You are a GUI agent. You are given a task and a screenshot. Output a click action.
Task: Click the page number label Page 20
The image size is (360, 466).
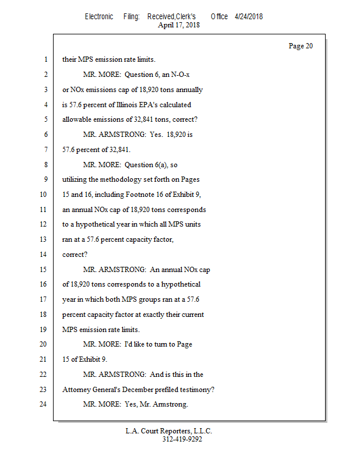click(x=301, y=46)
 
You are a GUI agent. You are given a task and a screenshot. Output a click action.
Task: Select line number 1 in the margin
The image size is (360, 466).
click(x=45, y=59)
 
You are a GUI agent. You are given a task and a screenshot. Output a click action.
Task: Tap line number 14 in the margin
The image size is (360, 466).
click(x=44, y=254)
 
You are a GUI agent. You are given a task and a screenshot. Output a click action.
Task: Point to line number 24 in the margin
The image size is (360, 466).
click(x=44, y=404)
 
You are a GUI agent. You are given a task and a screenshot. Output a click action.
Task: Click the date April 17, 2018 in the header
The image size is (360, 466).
click(x=179, y=25)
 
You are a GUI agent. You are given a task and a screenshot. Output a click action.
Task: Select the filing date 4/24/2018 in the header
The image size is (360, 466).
click(x=249, y=16)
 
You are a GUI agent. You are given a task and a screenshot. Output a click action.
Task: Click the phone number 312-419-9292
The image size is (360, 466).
click(x=182, y=440)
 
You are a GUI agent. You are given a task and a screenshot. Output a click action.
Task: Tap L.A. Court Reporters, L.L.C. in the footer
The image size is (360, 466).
click(x=169, y=431)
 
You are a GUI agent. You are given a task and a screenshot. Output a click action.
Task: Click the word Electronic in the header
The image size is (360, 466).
click(x=99, y=16)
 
